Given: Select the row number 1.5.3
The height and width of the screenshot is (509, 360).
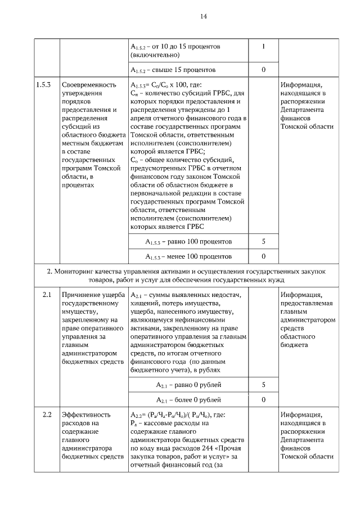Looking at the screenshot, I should (44, 85).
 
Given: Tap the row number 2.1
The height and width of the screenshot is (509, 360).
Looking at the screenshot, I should (47, 294).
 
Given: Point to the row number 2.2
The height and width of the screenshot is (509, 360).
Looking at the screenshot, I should (47, 415).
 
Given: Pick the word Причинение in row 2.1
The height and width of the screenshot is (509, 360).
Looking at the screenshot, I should (81, 294).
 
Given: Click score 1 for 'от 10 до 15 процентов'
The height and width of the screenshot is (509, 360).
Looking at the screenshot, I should (263, 46).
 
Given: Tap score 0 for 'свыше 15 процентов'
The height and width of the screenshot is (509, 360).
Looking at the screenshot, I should (263, 70).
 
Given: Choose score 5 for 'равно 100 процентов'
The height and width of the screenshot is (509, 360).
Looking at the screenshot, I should (263, 241).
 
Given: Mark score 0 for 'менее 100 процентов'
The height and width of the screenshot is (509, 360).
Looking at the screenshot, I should (263, 256).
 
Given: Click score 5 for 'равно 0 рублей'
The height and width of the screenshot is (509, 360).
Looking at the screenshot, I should (263, 385).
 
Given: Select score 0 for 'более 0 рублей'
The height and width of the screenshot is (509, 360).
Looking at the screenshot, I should (263, 400).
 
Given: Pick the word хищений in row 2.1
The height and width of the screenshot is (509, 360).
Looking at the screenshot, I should (143, 303).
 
